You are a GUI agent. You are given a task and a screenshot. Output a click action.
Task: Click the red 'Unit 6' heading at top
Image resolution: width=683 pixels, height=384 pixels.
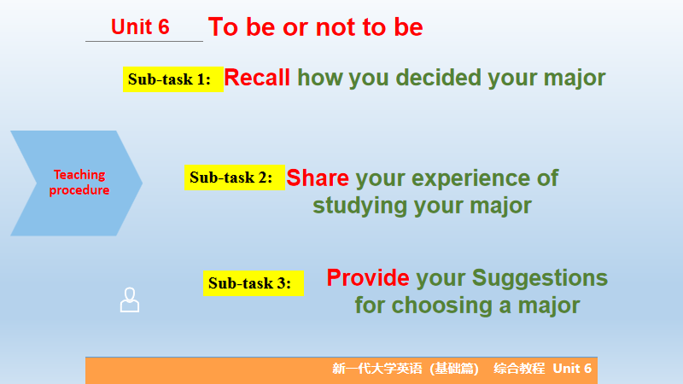(140, 27)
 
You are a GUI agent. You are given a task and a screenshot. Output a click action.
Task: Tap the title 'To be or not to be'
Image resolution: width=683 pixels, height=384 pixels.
(315, 27)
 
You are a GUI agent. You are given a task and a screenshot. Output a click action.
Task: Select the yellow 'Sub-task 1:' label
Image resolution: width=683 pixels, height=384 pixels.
(173, 79)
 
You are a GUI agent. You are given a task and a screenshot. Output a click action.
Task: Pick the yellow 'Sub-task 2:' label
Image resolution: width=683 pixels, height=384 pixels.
(234, 177)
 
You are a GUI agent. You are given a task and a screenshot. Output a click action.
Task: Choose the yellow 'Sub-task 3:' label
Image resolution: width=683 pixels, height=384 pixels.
(253, 283)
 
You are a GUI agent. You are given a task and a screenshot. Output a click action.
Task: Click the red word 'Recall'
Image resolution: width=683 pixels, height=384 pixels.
(257, 78)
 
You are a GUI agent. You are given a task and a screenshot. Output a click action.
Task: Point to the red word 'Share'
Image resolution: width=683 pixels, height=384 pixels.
(318, 178)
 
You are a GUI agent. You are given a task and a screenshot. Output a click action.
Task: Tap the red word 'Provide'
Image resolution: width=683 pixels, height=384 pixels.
(368, 278)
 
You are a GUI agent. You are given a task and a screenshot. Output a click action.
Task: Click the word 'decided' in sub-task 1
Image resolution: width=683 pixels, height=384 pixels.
(438, 78)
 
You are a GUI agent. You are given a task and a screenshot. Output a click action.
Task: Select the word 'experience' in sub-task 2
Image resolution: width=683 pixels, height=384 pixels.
(470, 178)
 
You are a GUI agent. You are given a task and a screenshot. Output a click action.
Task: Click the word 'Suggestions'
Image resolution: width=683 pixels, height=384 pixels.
(540, 279)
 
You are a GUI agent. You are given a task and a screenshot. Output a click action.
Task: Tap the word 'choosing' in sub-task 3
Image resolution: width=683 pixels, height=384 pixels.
(441, 305)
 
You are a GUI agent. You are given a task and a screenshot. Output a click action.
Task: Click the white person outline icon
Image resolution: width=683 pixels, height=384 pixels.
(130, 300)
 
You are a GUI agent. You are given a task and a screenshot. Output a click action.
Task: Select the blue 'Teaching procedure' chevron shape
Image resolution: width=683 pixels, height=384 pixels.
(76, 183)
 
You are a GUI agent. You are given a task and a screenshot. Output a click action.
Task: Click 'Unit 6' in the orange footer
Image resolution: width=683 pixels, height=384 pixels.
(572, 369)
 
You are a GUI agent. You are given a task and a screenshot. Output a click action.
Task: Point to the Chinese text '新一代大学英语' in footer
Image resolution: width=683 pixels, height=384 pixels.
(377, 369)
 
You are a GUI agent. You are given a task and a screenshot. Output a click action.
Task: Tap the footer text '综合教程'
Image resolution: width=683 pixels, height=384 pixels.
(519, 369)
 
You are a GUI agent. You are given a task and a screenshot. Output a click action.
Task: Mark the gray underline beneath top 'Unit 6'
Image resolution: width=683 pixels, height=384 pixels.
(144, 41)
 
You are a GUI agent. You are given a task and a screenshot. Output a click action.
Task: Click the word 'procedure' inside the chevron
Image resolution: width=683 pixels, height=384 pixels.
(79, 190)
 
